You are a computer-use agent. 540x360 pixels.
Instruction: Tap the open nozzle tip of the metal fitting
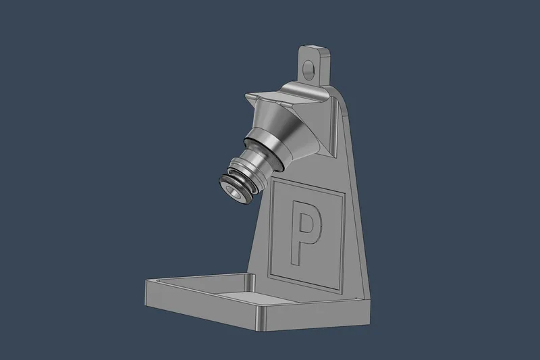pos(234,192)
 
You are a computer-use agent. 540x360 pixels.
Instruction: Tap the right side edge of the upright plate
pos(357,203)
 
